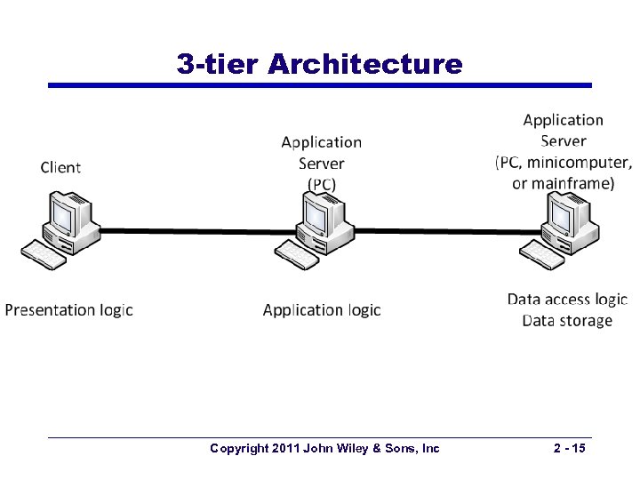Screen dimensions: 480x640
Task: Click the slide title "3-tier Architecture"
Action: [x=319, y=64]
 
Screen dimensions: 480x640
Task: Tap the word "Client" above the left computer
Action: [x=60, y=167]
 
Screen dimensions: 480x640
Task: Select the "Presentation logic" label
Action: [x=69, y=310]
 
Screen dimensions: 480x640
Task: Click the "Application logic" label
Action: [x=322, y=310]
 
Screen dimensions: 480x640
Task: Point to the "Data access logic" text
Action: [x=567, y=300]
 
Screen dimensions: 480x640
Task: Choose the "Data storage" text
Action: [x=567, y=321]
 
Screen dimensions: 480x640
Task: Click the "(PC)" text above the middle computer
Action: [x=322, y=184]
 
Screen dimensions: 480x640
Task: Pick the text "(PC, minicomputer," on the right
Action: [x=564, y=163]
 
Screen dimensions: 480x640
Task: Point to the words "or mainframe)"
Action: [x=564, y=184]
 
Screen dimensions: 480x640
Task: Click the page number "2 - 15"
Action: [x=568, y=449]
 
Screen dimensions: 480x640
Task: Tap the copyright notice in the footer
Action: [x=324, y=449]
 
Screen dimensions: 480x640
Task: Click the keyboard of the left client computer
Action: [x=44, y=254]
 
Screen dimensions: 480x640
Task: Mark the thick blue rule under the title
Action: [x=319, y=85]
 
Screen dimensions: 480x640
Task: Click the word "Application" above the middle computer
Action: [x=322, y=142]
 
